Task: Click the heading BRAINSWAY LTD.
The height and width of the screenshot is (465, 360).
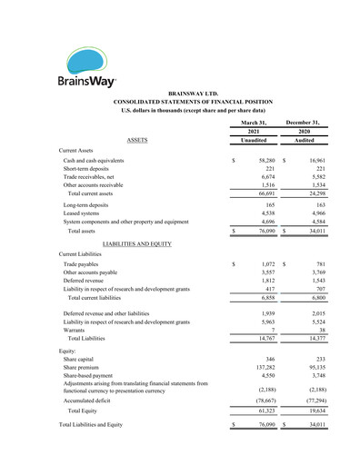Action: point(193,94)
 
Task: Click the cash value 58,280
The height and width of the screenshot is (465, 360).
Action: point(263,160)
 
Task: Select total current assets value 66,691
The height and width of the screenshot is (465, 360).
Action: point(265,193)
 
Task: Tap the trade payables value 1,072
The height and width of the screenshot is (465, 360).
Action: point(265,264)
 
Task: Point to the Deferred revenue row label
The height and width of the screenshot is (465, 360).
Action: point(85,281)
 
